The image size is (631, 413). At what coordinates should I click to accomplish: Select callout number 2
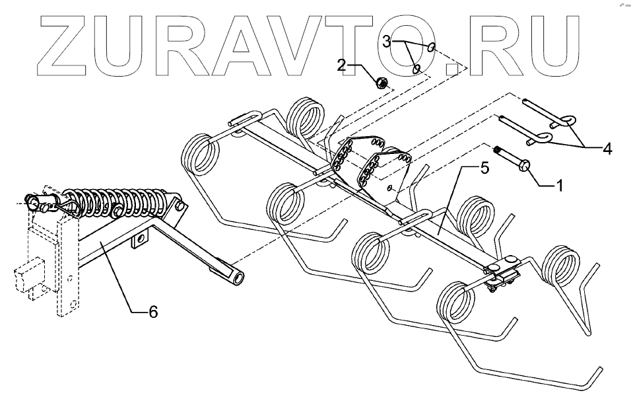pos(341,65)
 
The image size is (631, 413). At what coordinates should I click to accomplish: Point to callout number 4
pos(606,149)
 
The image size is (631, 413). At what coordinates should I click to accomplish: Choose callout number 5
pos(484,169)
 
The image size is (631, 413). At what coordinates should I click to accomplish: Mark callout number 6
pos(153,312)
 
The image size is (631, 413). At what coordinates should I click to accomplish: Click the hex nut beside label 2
pos(381,83)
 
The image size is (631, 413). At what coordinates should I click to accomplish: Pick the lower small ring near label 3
pos(416,68)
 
